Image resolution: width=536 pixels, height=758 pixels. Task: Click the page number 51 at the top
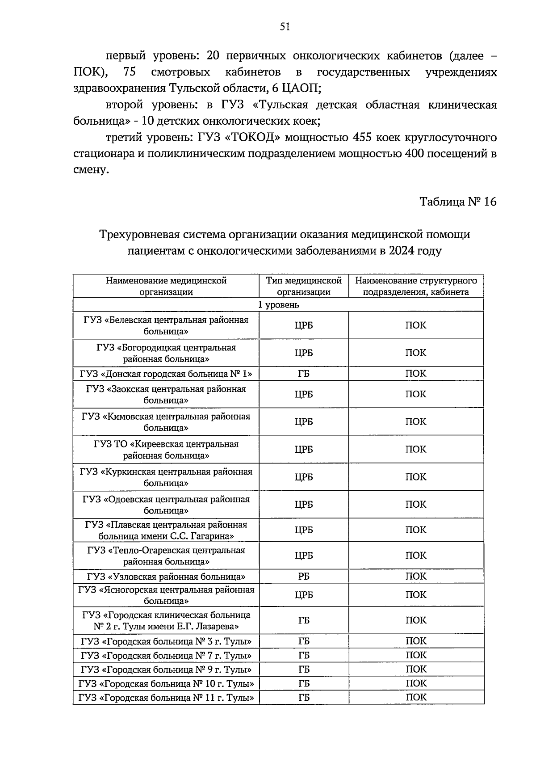tap(285, 27)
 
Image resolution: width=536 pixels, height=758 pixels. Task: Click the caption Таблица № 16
tap(458, 202)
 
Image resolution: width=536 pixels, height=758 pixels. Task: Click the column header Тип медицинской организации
tap(304, 286)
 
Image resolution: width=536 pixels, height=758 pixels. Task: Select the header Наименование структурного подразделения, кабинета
tap(416, 286)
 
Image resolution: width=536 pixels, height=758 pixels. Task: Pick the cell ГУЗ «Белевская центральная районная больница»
tap(166, 325)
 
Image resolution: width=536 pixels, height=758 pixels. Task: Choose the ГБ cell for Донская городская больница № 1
tap(304, 374)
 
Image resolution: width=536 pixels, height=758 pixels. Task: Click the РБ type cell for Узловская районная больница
tap(304, 577)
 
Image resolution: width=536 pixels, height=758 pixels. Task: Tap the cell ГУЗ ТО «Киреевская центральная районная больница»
tap(166, 450)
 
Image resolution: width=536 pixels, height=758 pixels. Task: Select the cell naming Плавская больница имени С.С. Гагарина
tap(166, 530)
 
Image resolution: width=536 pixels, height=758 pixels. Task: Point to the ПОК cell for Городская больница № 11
tap(416, 697)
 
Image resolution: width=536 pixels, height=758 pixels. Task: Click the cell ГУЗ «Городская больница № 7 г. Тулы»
tap(166, 656)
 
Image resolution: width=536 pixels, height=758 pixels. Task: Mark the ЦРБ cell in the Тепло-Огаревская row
tap(304, 556)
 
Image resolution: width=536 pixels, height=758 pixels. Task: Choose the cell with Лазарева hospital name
tap(166, 620)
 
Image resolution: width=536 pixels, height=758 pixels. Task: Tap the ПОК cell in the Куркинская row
tap(416, 477)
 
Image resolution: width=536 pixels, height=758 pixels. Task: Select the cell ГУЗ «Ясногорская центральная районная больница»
tap(166, 595)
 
